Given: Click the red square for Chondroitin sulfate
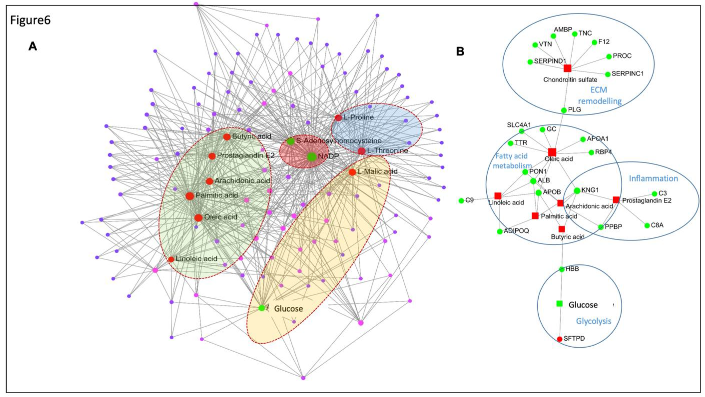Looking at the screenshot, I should [567, 68].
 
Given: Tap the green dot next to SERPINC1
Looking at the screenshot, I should [607, 74].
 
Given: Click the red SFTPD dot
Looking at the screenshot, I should [560, 339].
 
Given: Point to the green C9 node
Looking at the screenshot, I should [461, 200].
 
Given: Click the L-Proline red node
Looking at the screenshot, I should [339, 118].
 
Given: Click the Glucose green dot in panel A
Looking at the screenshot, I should [262, 308].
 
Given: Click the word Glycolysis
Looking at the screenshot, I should [594, 321].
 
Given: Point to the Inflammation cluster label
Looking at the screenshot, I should [653, 179].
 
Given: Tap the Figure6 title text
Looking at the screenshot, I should [30, 20].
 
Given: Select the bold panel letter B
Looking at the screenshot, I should [460, 51].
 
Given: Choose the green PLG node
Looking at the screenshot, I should [564, 110].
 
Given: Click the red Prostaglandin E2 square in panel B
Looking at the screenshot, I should [616, 200].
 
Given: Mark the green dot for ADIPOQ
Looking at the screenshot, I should [500, 231].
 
